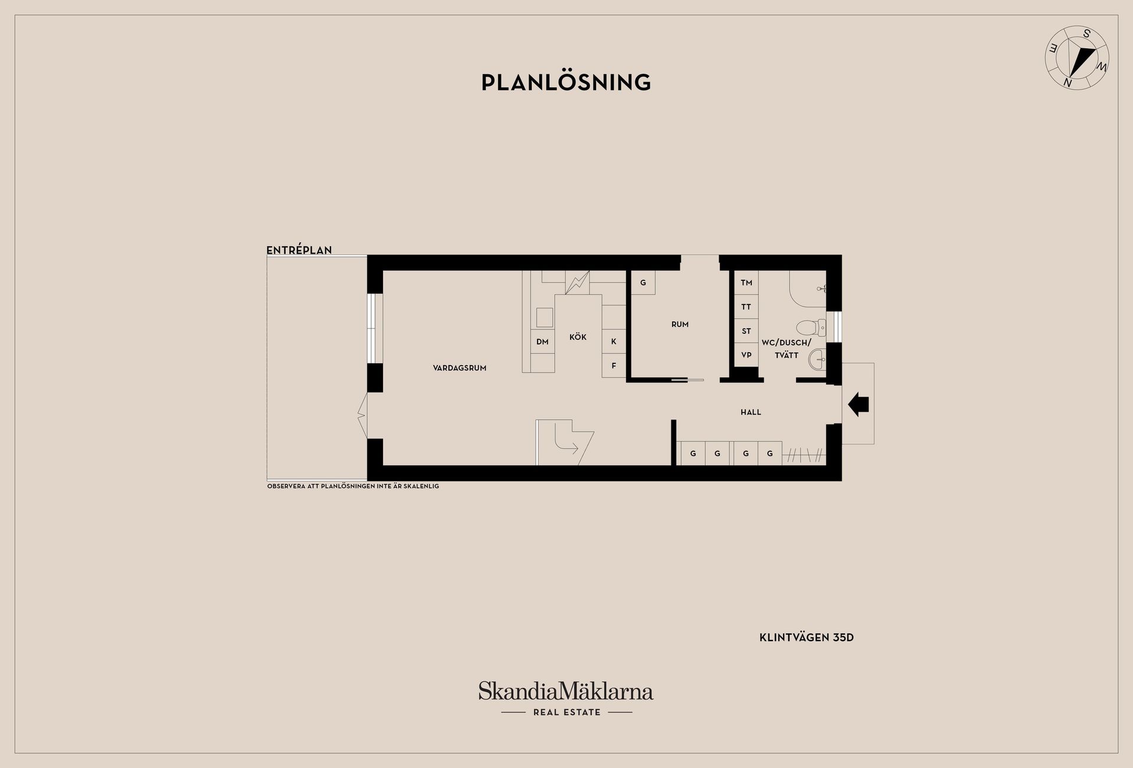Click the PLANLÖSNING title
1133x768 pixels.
[566, 83]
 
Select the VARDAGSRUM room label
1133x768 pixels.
[460, 368]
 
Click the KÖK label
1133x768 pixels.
[578, 337]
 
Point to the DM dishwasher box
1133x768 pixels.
[542, 342]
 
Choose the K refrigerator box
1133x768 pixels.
[614, 342]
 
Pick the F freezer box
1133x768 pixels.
[614, 366]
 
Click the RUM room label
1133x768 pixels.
[680, 324]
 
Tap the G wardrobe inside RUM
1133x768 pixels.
[643, 283]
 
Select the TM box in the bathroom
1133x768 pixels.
[746, 283]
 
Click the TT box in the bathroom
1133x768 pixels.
[746, 307]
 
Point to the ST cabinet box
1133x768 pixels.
[746, 331]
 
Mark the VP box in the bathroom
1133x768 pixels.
[746, 355]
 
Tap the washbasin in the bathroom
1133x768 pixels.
[817, 358]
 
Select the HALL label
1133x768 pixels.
[751, 412]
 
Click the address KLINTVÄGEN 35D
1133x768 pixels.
[806, 638]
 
